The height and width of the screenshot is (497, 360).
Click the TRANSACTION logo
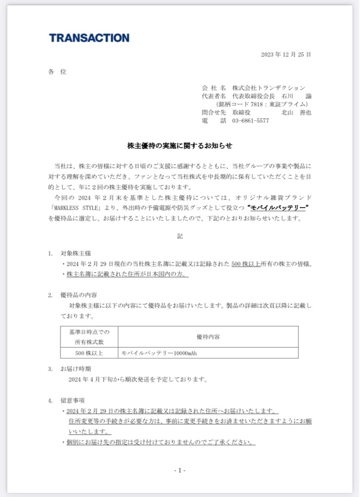89,38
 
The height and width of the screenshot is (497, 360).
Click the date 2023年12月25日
286,54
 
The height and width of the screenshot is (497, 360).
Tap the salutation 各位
57,72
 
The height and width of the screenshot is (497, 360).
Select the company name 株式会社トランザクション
269,88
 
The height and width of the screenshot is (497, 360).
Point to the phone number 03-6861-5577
250,121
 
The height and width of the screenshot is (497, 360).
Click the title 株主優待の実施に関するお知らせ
180,145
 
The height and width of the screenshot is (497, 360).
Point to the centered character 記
180,236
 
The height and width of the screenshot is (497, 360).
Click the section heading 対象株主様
75,253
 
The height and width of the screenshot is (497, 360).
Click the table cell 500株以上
89,353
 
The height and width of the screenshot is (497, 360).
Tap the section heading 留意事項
72,401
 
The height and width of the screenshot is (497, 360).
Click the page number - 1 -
180,470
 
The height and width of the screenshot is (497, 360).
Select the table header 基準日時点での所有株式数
89,336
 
